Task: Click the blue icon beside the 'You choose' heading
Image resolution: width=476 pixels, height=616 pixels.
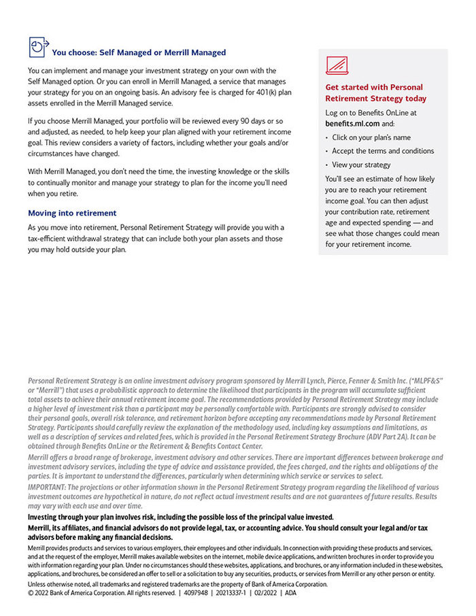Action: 38,47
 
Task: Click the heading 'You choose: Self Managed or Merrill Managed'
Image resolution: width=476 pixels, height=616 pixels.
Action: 139,52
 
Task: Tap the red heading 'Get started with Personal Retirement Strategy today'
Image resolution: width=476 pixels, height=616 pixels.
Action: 375,92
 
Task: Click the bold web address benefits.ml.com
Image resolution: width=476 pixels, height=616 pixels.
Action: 352,124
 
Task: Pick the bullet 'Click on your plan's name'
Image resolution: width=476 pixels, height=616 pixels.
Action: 371,137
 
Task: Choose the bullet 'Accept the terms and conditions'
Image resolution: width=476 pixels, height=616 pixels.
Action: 383,151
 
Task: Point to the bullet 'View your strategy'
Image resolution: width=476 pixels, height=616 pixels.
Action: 361,165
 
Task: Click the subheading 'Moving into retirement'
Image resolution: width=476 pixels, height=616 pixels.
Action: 72,213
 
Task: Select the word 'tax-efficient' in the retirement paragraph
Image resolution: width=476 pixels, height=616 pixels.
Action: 49,239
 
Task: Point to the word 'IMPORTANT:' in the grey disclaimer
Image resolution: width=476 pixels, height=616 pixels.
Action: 47,487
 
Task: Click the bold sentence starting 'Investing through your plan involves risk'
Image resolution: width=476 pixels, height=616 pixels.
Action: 180,517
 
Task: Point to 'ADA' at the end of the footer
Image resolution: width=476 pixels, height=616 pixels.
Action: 290,593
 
